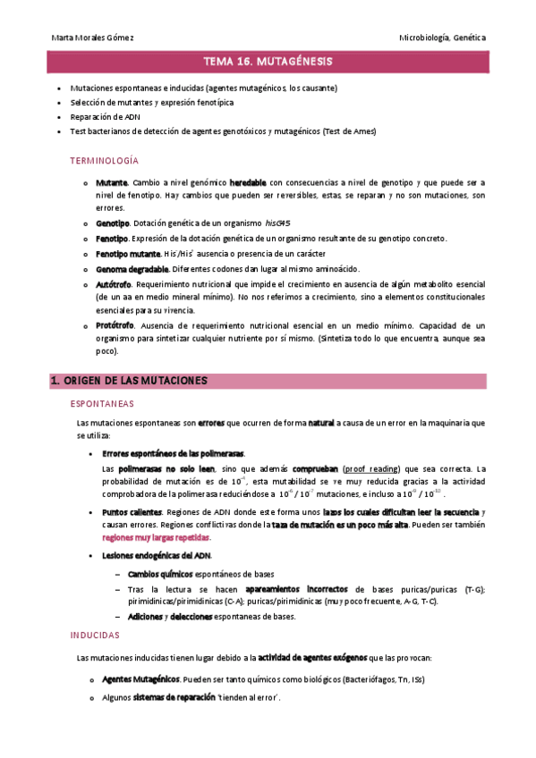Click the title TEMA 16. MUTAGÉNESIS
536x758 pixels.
(x=268, y=62)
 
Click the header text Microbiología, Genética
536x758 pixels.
(x=443, y=38)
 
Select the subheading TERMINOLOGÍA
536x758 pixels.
(x=104, y=160)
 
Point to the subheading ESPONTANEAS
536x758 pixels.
(x=104, y=404)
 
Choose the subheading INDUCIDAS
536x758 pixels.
(x=95, y=635)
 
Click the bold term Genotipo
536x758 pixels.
(x=112, y=223)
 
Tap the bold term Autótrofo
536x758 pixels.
(x=113, y=282)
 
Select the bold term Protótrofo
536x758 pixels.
(x=115, y=325)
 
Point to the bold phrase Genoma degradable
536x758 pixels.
(x=132, y=268)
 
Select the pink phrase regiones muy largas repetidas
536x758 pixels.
(x=156, y=537)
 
